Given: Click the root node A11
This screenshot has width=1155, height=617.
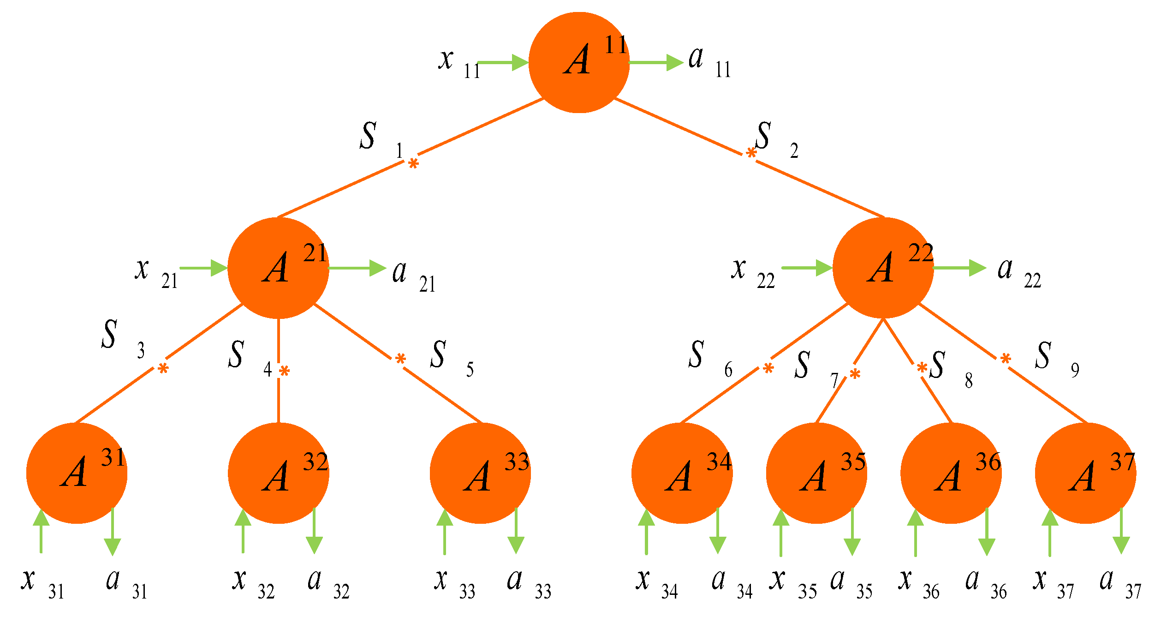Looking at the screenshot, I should [579, 62].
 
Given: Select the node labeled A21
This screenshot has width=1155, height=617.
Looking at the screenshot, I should [278, 268].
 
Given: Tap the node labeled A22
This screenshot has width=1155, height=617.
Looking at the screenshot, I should [883, 268].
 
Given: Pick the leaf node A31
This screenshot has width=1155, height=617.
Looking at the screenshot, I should [77, 473].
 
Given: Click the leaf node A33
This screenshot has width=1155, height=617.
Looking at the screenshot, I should [480, 473].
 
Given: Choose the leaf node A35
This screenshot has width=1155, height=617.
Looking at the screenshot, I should [816, 473].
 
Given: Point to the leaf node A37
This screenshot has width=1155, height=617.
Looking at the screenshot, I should [1085, 473].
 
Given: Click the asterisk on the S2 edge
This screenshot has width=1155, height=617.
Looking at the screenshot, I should [751, 153].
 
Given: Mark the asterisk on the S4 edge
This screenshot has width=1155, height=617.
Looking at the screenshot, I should [284, 371].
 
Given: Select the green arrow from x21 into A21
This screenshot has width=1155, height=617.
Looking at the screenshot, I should [203, 268].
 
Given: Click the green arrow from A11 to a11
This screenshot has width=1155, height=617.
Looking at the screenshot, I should [655, 62].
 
